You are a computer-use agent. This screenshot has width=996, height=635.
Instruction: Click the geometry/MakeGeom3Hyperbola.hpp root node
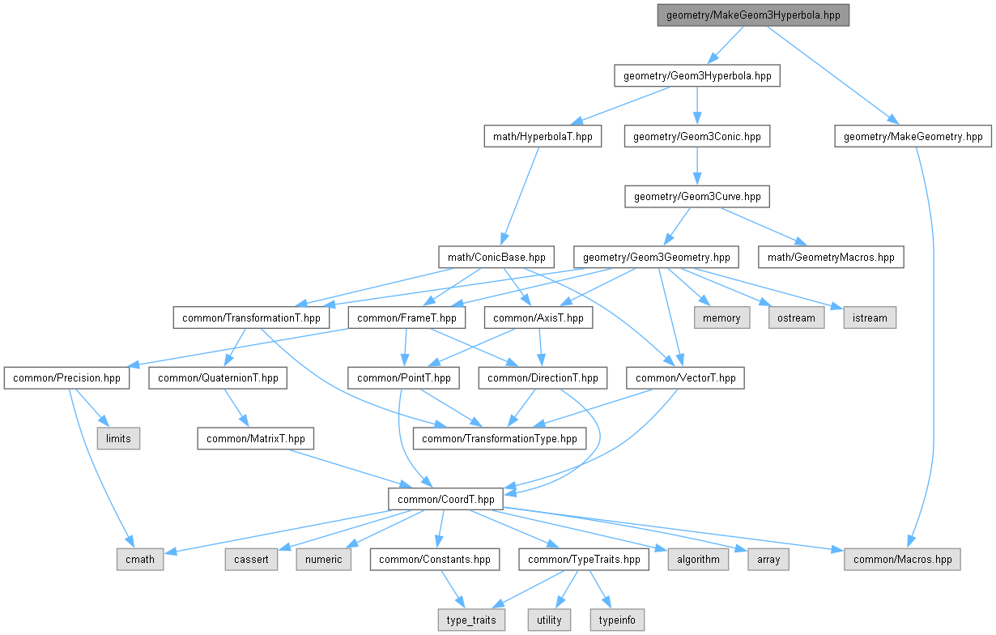753,15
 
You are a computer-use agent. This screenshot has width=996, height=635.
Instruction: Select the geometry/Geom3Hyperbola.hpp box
696,76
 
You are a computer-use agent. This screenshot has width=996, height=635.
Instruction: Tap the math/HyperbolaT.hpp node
542,137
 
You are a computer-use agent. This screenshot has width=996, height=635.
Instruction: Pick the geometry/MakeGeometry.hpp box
913,137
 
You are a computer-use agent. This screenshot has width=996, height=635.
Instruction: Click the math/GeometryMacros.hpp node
830,258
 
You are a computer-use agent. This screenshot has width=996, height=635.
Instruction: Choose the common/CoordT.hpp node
445,500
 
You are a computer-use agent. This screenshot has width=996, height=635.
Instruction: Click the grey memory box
721,317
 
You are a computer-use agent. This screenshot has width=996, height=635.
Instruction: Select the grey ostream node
796,317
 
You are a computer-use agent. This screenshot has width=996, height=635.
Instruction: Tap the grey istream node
870,317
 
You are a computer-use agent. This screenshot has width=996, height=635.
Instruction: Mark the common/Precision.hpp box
67,378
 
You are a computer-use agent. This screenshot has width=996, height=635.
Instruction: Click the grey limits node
118,439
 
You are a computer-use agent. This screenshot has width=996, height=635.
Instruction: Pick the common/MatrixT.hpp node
256,439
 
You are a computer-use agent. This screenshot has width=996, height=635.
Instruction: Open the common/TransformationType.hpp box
499,439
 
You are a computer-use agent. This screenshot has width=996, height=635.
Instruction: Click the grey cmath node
139,560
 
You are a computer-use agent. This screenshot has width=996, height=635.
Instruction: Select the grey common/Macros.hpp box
902,560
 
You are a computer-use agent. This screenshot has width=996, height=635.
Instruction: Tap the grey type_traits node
473,620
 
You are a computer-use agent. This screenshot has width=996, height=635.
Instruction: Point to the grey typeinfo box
616,620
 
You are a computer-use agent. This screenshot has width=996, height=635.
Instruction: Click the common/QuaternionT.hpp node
218,378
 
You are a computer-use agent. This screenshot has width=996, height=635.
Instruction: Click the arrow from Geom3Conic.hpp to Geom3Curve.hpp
696,167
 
